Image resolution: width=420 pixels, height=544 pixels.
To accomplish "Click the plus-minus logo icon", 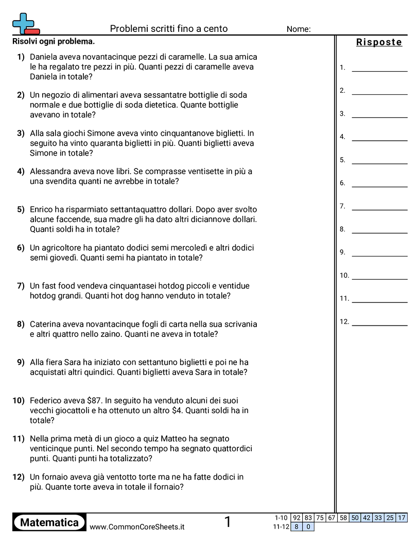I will [26, 24].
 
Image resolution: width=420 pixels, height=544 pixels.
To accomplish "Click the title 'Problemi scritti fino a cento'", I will [169, 29].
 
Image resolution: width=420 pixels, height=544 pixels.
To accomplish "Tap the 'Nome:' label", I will [299, 29].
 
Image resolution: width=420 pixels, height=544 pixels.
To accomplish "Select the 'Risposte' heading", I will [379, 42].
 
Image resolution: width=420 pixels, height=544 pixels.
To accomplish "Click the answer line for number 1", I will [379, 70].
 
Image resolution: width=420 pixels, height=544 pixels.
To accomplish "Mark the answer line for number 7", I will [379, 209].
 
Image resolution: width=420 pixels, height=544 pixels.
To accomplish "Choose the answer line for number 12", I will [379, 325].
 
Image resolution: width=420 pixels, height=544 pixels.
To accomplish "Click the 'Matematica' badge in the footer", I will [49, 522].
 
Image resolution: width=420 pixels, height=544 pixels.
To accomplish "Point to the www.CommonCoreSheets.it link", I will [137, 527].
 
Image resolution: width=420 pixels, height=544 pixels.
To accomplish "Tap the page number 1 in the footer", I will [227, 522].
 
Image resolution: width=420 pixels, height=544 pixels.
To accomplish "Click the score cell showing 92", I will [296, 518].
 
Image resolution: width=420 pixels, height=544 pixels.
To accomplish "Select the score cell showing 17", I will [402, 518].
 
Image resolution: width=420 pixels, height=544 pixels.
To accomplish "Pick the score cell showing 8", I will [296, 526].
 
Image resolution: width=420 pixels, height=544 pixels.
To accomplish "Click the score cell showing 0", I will [308, 526].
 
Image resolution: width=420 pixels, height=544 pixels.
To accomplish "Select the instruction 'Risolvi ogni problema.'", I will [54, 42].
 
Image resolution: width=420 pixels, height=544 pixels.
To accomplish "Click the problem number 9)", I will [21, 362].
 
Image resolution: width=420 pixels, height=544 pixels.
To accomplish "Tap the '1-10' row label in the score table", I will [281, 518].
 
